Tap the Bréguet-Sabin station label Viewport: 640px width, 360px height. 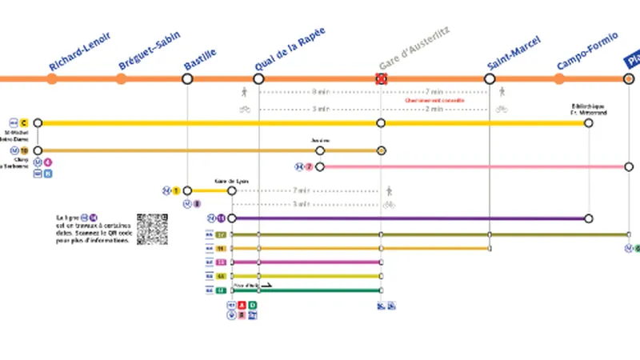(150, 51)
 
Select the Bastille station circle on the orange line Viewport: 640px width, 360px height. (187, 78)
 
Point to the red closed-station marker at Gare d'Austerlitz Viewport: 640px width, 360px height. (382, 78)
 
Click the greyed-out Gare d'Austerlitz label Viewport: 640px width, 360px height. (414, 47)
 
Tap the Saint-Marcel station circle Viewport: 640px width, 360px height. (490, 78)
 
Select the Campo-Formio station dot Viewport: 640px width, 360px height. (559, 78)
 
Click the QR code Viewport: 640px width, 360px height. (152, 229)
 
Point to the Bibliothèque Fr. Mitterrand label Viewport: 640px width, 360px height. (588, 109)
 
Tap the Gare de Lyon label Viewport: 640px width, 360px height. (232, 182)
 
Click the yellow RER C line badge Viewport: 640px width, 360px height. (24, 122)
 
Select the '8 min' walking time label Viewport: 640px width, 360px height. (320, 91)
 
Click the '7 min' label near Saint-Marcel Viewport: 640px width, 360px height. (434, 91)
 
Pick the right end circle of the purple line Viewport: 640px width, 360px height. (589, 218)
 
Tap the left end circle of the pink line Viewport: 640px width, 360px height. (320, 166)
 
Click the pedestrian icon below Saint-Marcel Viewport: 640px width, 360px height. (502, 92)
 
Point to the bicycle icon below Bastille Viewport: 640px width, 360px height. (245, 109)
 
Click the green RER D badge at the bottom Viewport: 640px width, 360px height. (253, 305)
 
